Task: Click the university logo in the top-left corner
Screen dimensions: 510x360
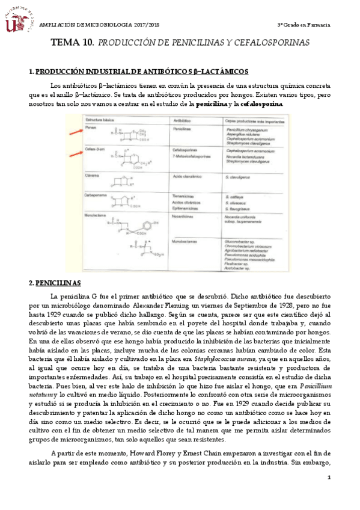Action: pos(18,19)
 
